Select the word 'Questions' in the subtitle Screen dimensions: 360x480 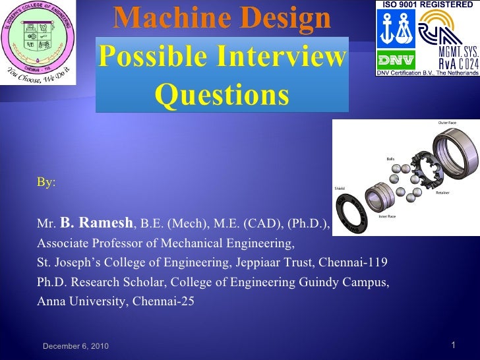click(222, 96)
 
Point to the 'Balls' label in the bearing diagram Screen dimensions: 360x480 click(390, 158)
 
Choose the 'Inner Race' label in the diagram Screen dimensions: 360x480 click(387, 216)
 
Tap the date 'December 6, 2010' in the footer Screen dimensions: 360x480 click(76, 347)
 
